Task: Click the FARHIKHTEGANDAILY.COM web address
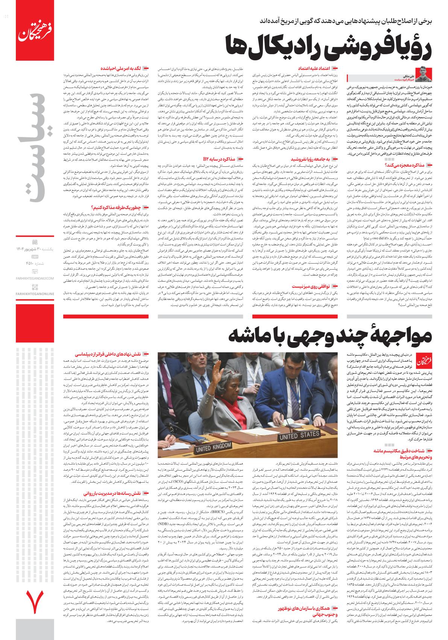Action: (x=35, y=278)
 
